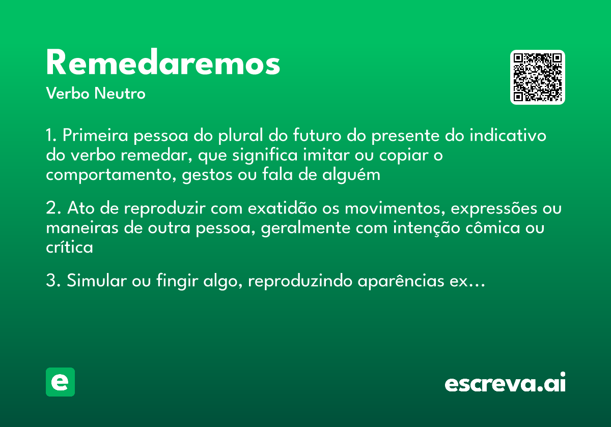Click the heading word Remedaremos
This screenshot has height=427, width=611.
163,64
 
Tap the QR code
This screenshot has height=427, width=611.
538,77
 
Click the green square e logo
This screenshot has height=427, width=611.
60,382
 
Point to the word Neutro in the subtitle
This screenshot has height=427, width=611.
120,94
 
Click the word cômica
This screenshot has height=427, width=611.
492,228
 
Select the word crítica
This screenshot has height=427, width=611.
70,248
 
